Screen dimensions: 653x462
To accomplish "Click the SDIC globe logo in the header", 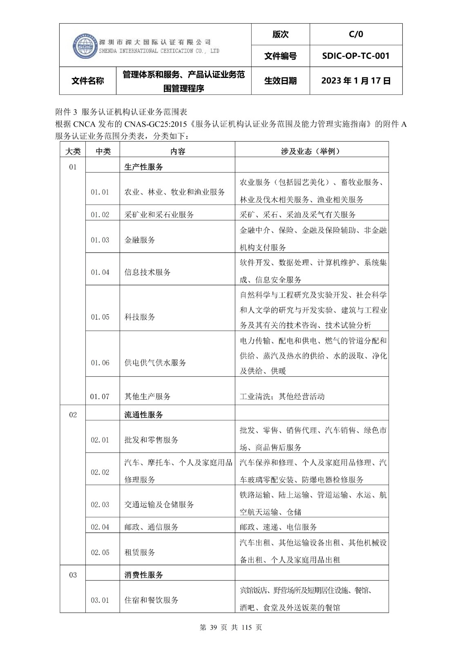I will click(x=85, y=46).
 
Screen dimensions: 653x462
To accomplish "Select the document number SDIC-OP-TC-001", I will click(x=356, y=56).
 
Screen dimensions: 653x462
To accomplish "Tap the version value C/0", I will click(x=356, y=34).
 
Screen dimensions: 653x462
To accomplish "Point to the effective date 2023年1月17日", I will click(x=356, y=81).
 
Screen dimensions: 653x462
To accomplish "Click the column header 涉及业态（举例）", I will click(x=311, y=151).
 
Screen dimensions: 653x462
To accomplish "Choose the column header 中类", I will click(x=103, y=151).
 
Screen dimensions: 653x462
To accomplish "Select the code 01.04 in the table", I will click(x=100, y=272).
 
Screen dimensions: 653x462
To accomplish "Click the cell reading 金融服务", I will click(x=140, y=240).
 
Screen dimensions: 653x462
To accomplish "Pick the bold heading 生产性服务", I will click(x=143, y=167).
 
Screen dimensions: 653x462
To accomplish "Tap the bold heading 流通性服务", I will click(x=143, y=415).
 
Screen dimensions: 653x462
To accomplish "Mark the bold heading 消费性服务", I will click(x=143, y=575).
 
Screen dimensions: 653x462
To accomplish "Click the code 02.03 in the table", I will click(x=100, y=505).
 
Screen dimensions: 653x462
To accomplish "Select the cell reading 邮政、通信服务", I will click(x=151, y=527).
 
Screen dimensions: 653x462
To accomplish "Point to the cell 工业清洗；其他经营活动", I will click(x=282, y=396).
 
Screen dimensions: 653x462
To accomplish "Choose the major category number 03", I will click(x=73, y=575).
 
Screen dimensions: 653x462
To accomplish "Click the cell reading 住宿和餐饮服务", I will click(x=151, y=600).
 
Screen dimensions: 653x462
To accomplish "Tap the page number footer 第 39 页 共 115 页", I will click(x=231, y=628).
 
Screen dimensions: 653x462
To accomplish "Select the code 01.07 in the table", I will click(x=100, y=396).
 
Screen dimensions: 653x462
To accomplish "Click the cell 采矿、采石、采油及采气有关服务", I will click(x=297, y=215).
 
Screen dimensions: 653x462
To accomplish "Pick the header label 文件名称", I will click(x=88, y=81).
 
